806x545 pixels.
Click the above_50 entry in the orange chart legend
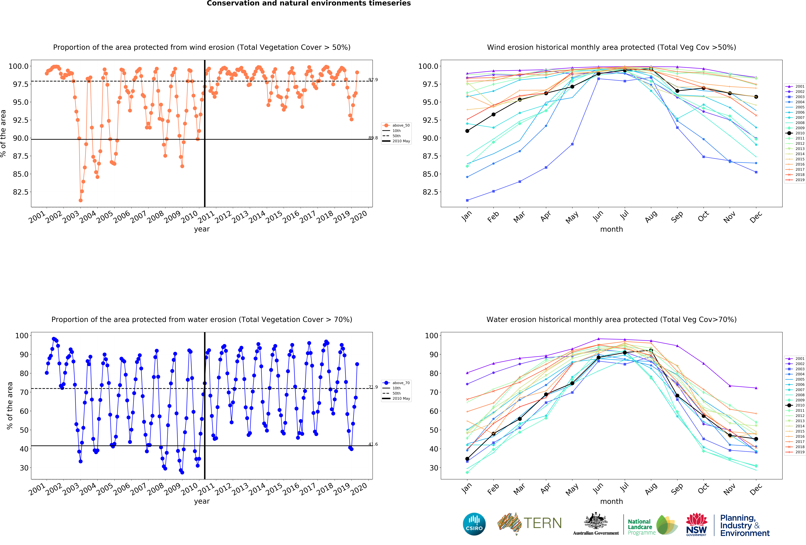401,125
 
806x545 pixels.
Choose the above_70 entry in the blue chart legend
401,383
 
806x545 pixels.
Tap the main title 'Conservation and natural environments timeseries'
309,3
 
